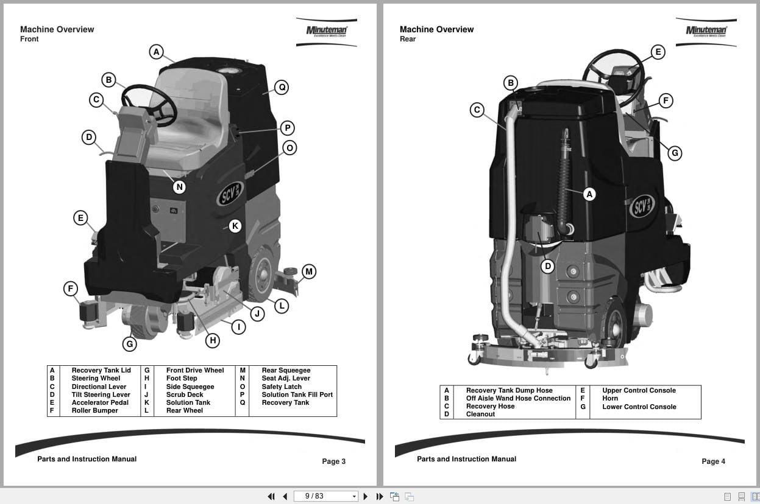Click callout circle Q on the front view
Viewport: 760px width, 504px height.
coord(281,87)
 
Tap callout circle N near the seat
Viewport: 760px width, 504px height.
coord(179,187)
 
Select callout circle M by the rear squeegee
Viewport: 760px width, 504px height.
coord(309,271)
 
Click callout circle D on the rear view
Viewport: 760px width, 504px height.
coord(547,266)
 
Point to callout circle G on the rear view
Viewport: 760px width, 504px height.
coord(674,153)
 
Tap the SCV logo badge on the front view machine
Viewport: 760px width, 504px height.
coord(230,194)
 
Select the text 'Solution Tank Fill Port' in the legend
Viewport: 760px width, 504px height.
coord(297,394)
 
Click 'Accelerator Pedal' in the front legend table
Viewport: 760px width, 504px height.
coord(100,402)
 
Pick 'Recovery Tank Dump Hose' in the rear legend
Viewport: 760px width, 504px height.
coord(509,390)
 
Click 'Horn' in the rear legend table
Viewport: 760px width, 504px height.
coord(609,398)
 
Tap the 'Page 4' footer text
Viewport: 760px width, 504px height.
coord(713,461)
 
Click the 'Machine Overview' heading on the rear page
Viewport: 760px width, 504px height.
coord(436,29)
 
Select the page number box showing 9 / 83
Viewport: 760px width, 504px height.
coord(325,496)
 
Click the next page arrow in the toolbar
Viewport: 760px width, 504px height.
coord(366,496)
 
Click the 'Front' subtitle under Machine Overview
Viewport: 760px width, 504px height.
coord(29,39)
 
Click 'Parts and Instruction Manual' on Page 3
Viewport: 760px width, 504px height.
coord(87,459)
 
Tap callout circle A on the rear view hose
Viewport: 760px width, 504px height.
coord(589,194)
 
